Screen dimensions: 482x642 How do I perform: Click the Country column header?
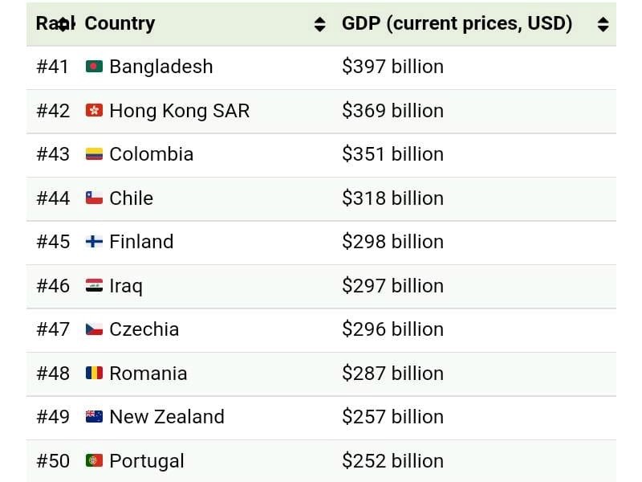click(x=120, y=24)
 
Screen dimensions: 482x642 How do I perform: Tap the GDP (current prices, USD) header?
click(x=457, y=24)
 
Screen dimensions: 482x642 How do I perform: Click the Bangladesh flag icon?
click(x=94, y=67)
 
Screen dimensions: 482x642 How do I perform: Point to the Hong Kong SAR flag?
click(x=94, y=111)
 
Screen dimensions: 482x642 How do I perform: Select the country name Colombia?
click(x=151, y=154)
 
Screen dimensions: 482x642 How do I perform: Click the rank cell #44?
click(x=53, y=198)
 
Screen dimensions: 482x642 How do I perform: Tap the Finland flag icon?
click(x=94, y=242)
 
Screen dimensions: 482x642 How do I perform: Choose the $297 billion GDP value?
click(x=392, y=286)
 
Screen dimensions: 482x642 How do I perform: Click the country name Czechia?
click(x=144, y=329)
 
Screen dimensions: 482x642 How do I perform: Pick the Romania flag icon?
click(x=94, y=374)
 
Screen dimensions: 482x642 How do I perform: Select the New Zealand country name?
click(x=166, y=417)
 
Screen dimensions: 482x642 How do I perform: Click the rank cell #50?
click(x=53, y=461)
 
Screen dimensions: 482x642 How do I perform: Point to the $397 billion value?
click(x=392, y=67)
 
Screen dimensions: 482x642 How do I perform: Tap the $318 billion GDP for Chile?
click(x=392, y=198)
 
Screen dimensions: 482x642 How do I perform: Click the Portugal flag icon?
click(x=94, y=461)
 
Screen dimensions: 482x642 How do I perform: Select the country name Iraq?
click(x=126, y=286)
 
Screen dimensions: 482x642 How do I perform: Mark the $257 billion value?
click(x=392, y=417)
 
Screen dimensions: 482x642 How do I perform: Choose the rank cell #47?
click(x=53, y=329)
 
